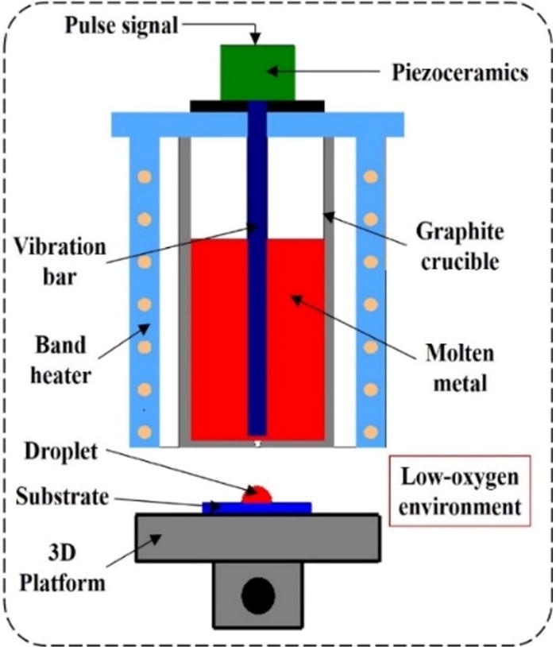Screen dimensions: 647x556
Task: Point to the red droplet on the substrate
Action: pyautogui.click(x=257, y=495)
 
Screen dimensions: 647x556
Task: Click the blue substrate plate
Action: pyautogui.click(x=222, y=507)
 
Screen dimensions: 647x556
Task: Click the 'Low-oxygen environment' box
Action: pyautogui.click(x=459, y=492)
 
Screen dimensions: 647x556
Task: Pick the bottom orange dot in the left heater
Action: pyautogui.click(x=145, y=432)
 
